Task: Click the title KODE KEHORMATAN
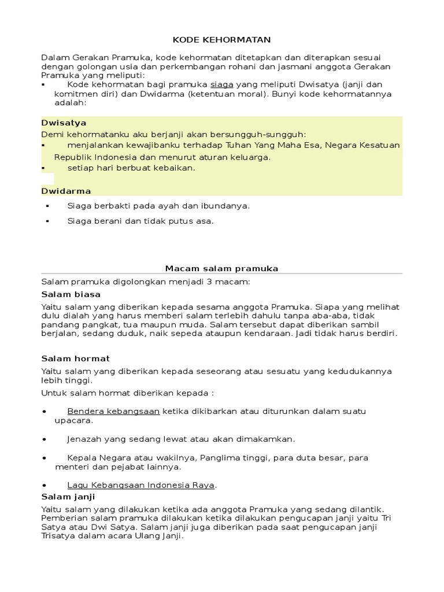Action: pyautogui.click(x=222, y=40)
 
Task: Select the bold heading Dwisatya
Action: pyautogui.click(x=64, y=123)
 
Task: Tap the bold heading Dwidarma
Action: pyautogui.click(x=66, y=191)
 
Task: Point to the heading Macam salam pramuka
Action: pyautogui.click(x=222, y=268)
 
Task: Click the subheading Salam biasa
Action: pyautogui.click(x=71, y=294)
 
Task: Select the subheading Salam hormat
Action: pyautogui.click(x=75, y=358)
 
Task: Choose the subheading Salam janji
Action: pyautogui.click(x=68, y=497)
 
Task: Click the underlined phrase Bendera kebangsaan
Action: pyautogui.click(x=113, y=411)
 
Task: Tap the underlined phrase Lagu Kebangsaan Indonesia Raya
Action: pyautogui.click(x=140, y=484)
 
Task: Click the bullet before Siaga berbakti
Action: pyautogui.click(x=47, y=206)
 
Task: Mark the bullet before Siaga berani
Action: pyautogui.click(x=47, y=221)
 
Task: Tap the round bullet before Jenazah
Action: pyautogui.click(x=45, y=439)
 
